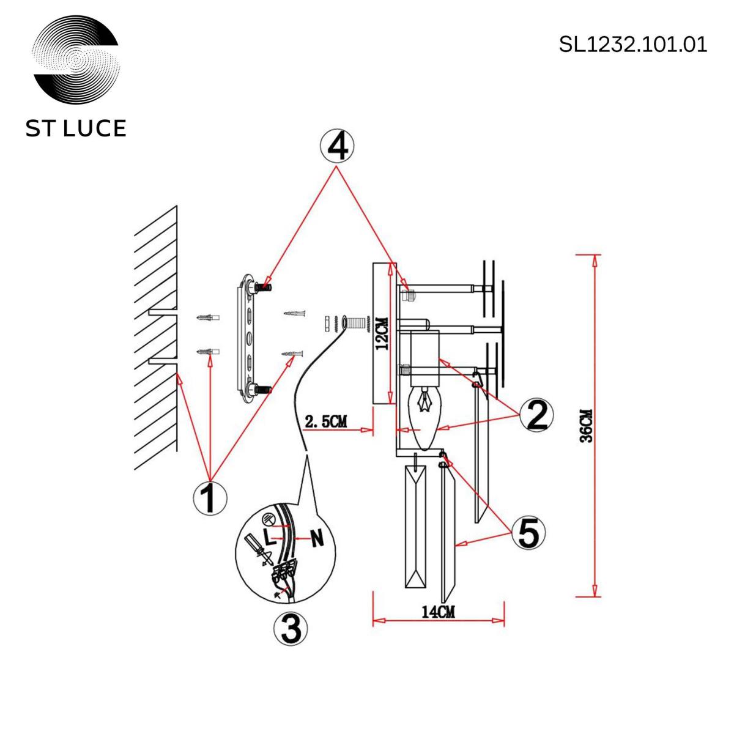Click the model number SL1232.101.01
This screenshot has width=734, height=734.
(632, 45)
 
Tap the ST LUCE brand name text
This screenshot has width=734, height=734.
(76, 128)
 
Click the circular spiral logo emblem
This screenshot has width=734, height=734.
(76, 60)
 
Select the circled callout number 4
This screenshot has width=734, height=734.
(336, 147)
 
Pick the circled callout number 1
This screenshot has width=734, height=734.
(210, 498)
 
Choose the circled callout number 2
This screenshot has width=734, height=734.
(536, 415)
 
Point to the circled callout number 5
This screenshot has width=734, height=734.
(528, 533)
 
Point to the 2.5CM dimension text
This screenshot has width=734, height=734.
(325, 421)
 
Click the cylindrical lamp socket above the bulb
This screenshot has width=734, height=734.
(425, 358)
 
